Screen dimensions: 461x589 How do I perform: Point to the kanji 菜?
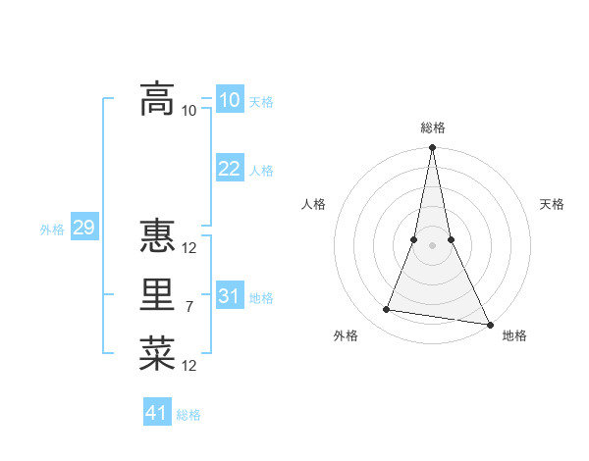point(158,354)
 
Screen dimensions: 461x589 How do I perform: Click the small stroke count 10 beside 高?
point(189,111)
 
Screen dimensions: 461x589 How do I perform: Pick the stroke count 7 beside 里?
point(189,307)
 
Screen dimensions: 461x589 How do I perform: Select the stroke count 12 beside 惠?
point(189,248)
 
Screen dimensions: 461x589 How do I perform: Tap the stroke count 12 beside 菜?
point(189,366)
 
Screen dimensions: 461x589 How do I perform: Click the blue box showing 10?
point(229,100)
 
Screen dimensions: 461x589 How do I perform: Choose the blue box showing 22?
point(229,169)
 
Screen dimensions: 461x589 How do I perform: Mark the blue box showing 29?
point(83,229)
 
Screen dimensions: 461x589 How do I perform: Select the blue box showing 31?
point(229,296)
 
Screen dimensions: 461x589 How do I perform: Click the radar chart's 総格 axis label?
point(432,128)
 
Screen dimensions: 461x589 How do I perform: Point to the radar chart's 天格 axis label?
point(553,204)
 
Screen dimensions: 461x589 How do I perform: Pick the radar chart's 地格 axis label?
point(514,335)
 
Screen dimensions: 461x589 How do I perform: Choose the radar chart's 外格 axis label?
point(346,335)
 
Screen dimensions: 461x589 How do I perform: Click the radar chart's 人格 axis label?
point(313,204)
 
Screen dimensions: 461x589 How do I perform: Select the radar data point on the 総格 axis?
point(432,148)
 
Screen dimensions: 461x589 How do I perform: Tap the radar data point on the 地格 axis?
point(489,325)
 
